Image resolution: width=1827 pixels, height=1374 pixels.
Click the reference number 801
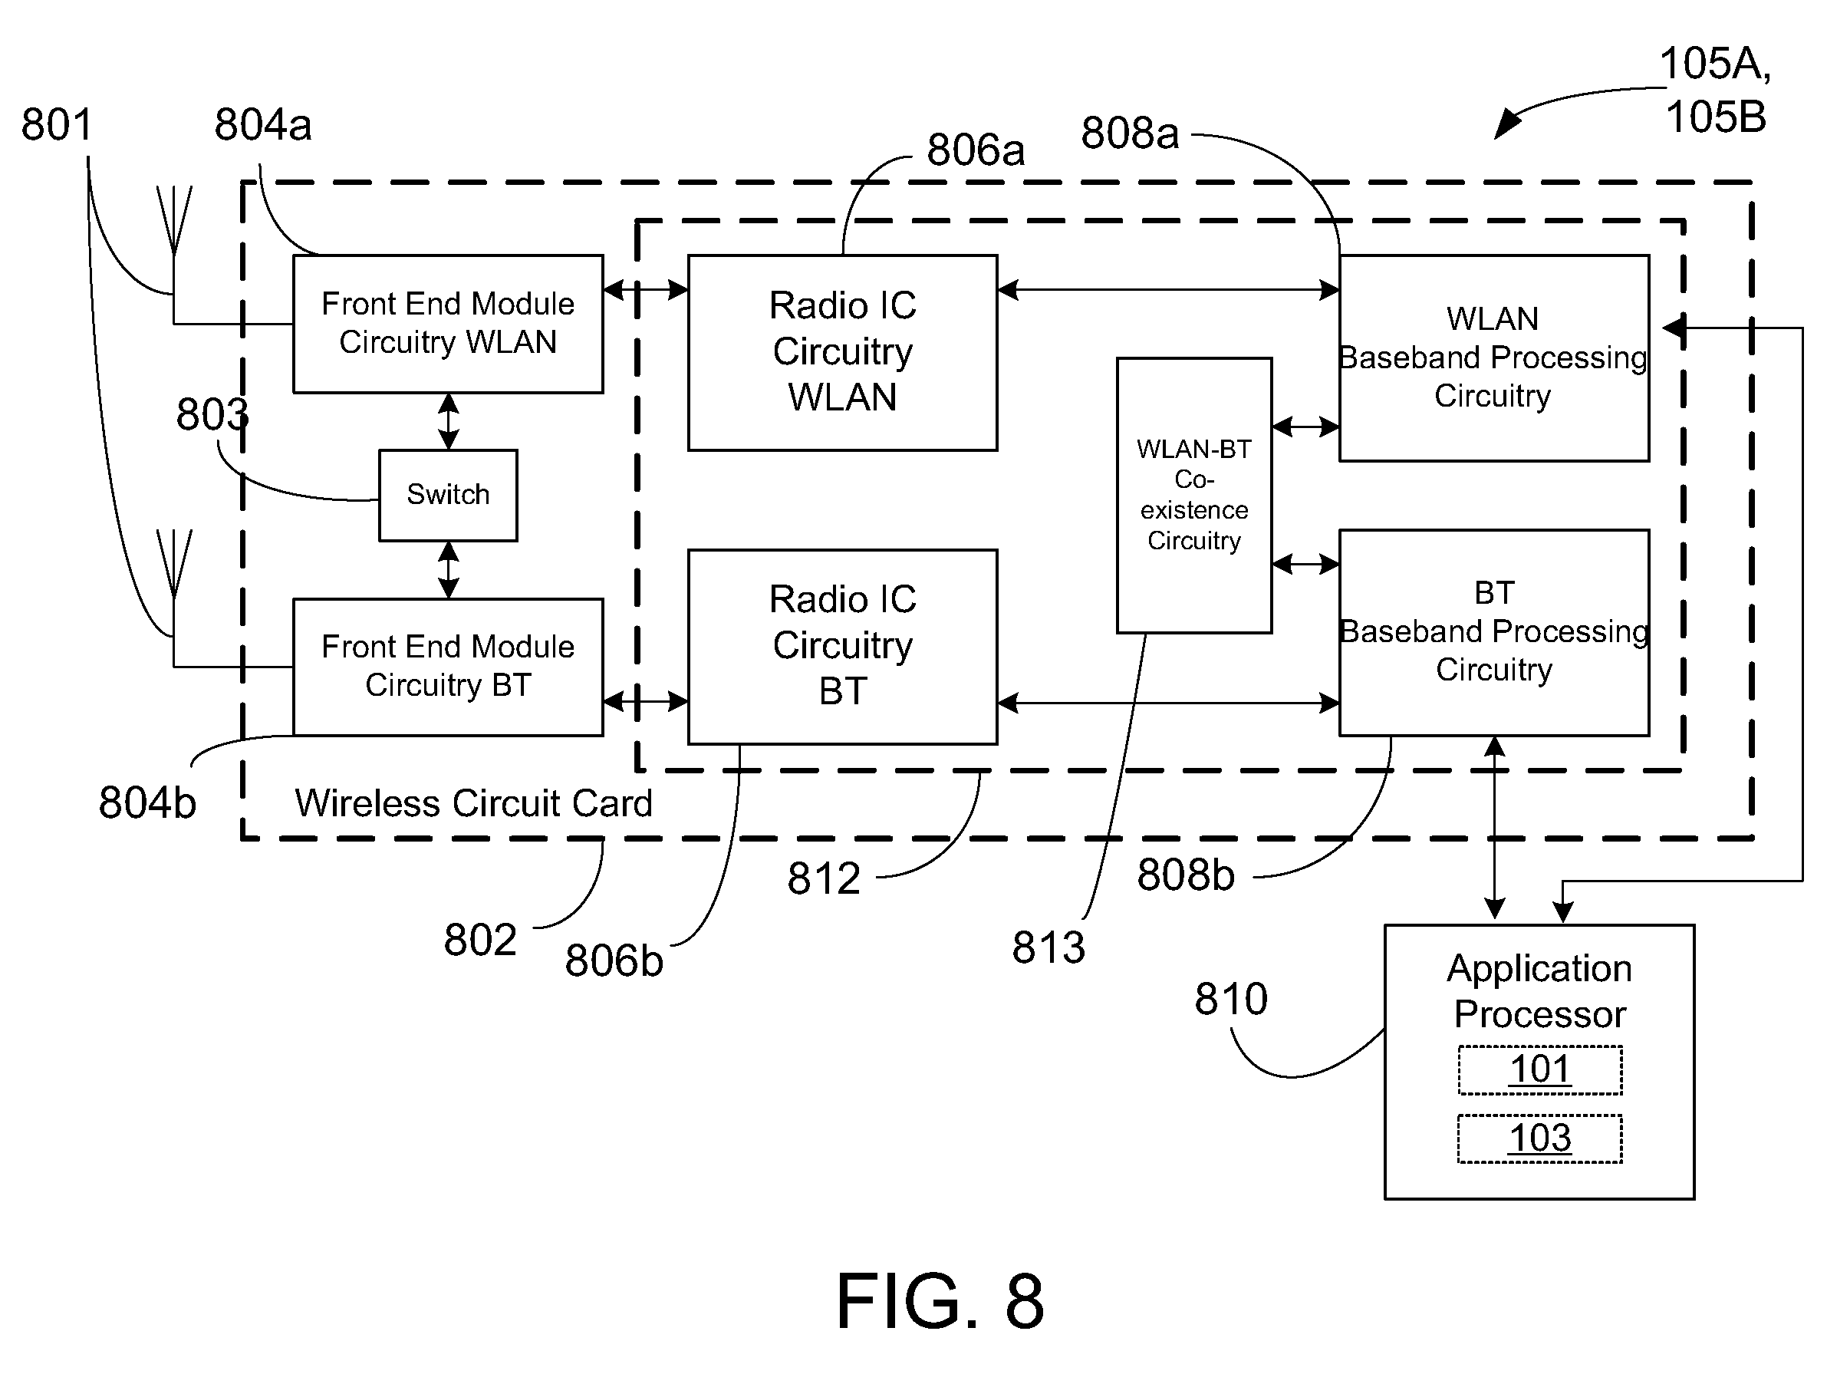click(56, 125)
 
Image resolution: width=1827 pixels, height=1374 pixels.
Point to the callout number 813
click(1048, 947)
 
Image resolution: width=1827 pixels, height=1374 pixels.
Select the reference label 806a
click(976, 150)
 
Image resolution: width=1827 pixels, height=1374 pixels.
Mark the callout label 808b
click(1185, 874)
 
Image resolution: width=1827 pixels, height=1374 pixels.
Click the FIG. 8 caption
click(940, 1301)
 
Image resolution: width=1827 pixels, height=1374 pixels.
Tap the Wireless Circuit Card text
click(473, 803)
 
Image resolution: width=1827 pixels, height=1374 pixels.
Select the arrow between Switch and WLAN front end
click(448, 421)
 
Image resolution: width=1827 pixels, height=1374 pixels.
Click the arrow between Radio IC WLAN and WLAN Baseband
click(1168, 290)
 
